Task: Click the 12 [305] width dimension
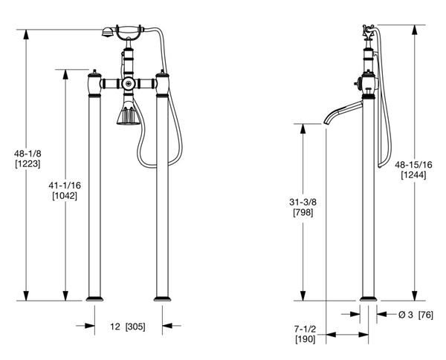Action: click(x=128, y=326)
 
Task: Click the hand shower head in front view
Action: click(x=107, y=32)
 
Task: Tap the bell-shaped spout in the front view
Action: click(x=128, y=116)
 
